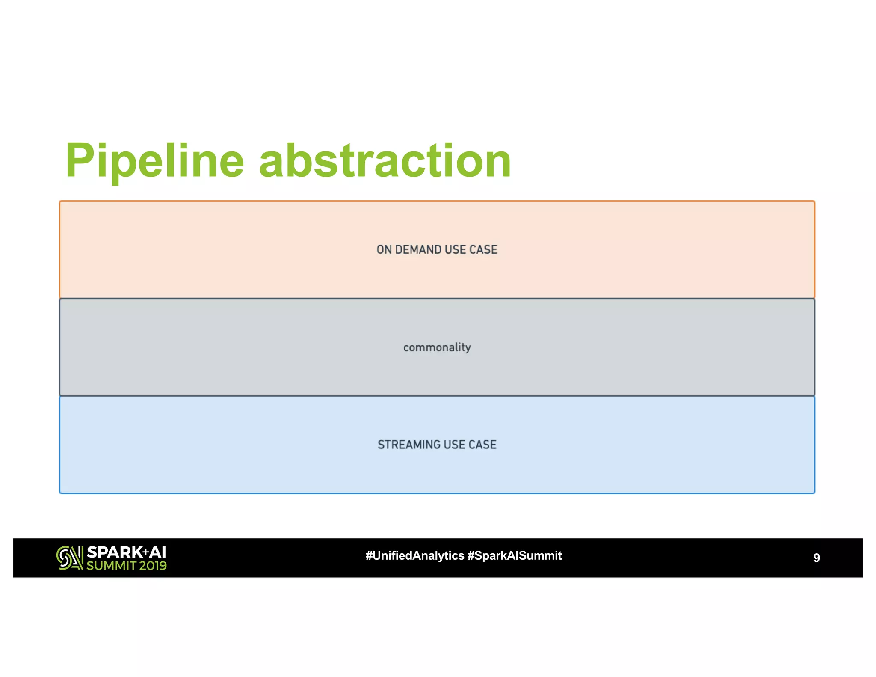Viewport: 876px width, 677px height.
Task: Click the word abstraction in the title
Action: click(385, 161)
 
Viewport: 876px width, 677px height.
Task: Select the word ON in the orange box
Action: click(384, 250)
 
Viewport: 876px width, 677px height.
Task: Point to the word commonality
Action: click(437, 347)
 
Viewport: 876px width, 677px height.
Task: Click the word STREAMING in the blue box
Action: click(408, 445)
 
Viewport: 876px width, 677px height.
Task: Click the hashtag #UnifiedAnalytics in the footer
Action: click(414, 556)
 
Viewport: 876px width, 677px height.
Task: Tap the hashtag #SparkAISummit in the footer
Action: click(514, 556)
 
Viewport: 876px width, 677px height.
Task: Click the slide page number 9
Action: click(816, 558)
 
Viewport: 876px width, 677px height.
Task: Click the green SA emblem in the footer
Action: click(70, 558)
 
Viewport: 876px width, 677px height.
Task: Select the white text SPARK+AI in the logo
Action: click(126, 552)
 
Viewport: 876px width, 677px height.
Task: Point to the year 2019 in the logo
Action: click(153, 566)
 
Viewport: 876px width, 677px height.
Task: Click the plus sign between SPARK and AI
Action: click(146, 552)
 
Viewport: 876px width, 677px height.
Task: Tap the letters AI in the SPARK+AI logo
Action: click(157, 552)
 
